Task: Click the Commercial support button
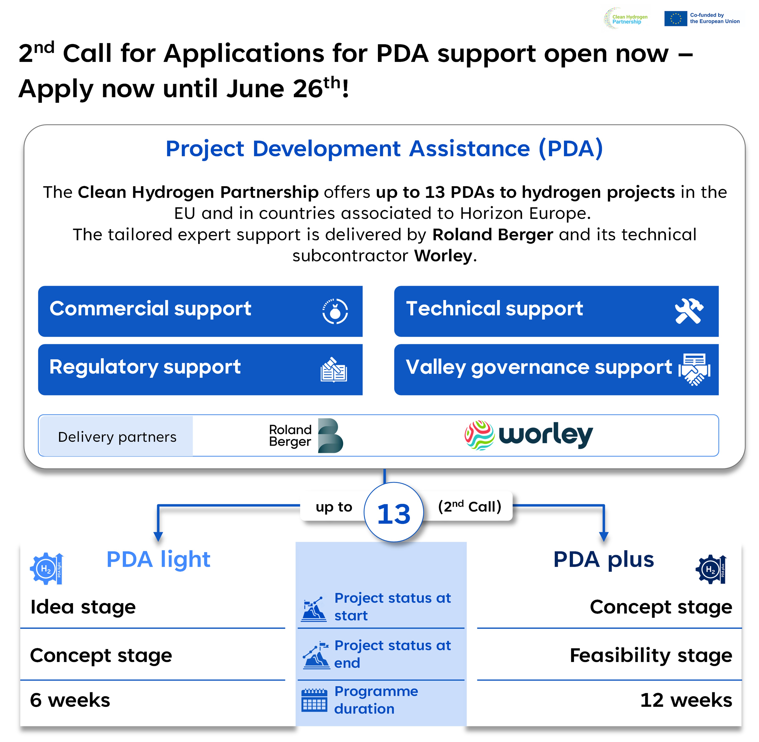[x=200, y=311]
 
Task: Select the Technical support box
[x=556, y=311]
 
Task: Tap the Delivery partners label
[x=117, y=437]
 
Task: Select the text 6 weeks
[x=70, y=700]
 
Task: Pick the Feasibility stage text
[x=650, y=655]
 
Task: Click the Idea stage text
[x=83, y=607]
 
